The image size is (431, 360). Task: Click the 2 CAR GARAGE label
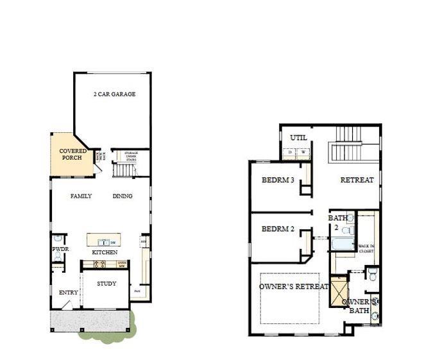[114, 94]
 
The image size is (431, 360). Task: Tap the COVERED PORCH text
[73, 154]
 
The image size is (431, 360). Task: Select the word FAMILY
[81, 196]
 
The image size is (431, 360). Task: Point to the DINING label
[123, 196]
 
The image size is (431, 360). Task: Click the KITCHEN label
[105, 253]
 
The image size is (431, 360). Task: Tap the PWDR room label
[60, 249]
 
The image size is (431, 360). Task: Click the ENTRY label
[68, 293]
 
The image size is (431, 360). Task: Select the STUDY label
[106, 284]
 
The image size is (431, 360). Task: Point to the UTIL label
[298, 138]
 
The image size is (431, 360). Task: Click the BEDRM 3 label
[278, 180]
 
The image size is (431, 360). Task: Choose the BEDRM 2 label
[278, 228]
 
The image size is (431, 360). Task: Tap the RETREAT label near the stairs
[357, 180]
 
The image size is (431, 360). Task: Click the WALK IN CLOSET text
[366, 248]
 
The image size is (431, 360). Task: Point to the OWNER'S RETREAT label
[294, 286]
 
